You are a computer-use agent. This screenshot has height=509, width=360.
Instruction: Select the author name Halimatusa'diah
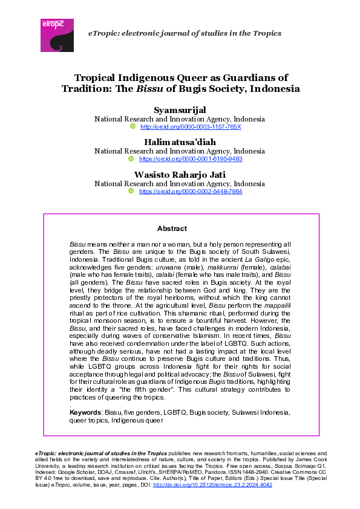click(x=179, y=141)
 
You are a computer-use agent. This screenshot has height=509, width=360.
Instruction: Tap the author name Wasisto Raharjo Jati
click(x=179, y=174)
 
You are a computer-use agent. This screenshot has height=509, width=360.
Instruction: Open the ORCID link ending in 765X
click(x=191, y=127)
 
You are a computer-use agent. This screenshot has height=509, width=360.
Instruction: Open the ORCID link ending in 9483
click(x=191, y=159)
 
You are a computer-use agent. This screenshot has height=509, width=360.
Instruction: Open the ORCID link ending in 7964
click(x=191, y=191)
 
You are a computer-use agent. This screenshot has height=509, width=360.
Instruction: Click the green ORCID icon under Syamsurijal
click(x=134, y=127)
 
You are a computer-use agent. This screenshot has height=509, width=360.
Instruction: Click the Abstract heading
click(x=172, y=229)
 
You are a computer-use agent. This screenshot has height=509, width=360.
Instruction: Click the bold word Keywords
click(x=85, y=412)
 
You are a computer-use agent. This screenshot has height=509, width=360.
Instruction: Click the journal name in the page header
click(x=185, y=33)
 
